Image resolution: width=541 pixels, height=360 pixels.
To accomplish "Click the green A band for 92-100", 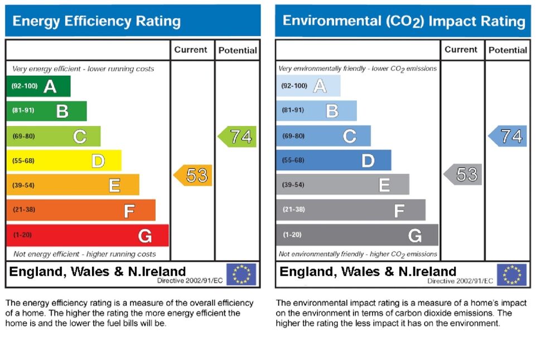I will tap(38, 86).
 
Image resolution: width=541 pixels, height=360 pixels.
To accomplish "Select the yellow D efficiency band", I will tap(64, 161).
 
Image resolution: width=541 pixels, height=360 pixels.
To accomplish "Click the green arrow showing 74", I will tap(238, 137).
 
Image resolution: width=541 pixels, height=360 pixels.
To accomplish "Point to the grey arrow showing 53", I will tap(463, 174).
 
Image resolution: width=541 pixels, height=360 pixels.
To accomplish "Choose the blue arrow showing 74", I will tap(508, 136).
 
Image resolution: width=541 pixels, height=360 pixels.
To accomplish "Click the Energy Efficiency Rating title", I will tap(96, 22).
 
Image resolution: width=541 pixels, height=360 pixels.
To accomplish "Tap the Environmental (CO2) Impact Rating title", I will tap(404, 21).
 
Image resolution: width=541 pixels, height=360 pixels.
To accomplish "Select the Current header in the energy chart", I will tap(191, 50).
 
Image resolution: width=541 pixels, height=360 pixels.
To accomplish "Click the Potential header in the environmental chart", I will tap(508, 50).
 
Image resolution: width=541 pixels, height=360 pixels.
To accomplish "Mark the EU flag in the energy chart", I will tap(241, 274).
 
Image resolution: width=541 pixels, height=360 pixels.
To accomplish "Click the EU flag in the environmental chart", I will tap(511, 274).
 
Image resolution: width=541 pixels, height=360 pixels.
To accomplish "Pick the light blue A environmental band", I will tap(308, 86).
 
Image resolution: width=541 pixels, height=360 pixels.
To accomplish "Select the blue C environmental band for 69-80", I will tap(323, 136).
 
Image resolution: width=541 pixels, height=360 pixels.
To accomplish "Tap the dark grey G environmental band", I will tap(357, 235).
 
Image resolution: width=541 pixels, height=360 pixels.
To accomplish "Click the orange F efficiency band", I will tap(81, 211).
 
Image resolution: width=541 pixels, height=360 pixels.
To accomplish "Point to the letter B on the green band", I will tap(62, 111).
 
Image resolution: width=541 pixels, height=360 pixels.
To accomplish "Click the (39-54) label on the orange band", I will tap(23, 185).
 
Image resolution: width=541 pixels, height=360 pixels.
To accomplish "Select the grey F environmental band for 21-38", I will tap(350, 210).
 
